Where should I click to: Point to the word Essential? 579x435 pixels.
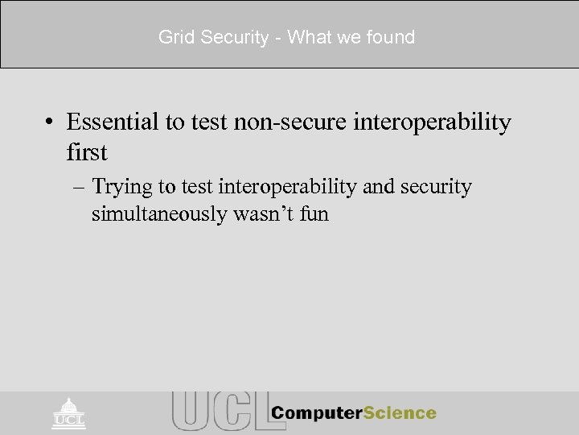coord(115,122)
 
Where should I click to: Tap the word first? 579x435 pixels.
coord(87,151)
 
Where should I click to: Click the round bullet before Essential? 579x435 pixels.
coord(51,123)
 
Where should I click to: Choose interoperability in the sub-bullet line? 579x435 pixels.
coord(284,188)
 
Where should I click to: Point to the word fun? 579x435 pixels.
coord(314,215)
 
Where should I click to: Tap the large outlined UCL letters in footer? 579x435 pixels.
coord(216,411)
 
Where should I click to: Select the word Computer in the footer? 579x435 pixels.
coord(315,413)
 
